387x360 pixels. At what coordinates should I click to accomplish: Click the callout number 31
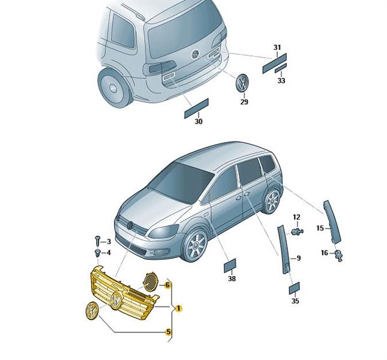click(x=277, y=47)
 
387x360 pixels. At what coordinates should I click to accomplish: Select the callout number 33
click(x=281, y=80)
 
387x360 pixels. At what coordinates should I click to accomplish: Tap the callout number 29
click(x=244, y=101)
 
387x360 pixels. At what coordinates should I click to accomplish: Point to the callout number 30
click(x=199, y=121)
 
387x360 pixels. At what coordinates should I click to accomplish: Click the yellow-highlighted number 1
click(x=178, y=308)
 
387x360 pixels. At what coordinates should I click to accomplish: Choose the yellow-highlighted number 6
click(x=167, y=285)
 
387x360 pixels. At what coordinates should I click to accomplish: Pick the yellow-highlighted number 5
click(x=169, y=332)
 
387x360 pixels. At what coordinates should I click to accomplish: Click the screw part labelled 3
click(x=97, y=241)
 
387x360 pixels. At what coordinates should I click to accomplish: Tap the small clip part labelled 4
click(x=98, y=253)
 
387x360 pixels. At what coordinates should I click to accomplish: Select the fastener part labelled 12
click(x=297, y=232)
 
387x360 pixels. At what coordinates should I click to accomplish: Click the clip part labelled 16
click(x=339, y=255)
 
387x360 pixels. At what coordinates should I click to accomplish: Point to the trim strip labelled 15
click(x=332, y=221)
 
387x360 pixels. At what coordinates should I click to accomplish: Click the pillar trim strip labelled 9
click(x=284, y=249)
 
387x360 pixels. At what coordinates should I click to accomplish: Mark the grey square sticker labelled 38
click(x=230, y=265)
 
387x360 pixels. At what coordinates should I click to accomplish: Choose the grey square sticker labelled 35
click(x=294, y=288)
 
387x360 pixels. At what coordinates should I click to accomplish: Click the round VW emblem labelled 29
click(x=242, y=82)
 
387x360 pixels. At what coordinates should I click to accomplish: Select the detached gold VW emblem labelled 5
click(x=92, y=310)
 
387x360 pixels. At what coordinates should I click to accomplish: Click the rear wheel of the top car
click(x=113, y=88)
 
